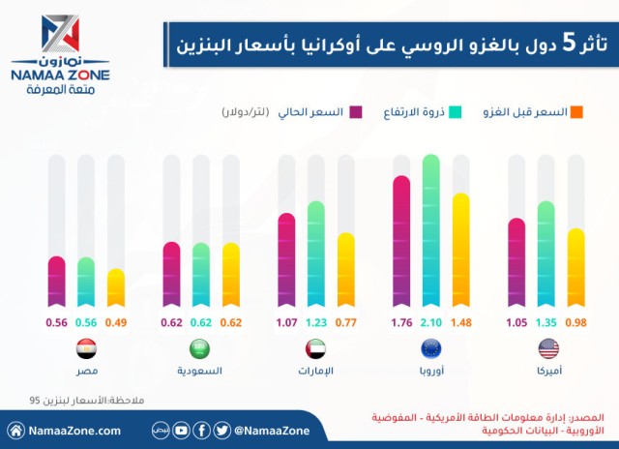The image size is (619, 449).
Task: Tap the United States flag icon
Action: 546,349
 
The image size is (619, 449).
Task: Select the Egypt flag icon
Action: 85,349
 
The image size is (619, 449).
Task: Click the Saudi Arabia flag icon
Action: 200,349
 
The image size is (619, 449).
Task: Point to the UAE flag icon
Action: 315,349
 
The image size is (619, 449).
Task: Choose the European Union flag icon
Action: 430,349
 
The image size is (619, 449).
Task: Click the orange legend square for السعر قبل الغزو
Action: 576,112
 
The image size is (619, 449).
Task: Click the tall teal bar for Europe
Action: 430,232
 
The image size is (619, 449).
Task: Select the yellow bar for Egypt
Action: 115,287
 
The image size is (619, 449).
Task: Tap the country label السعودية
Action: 200,371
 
